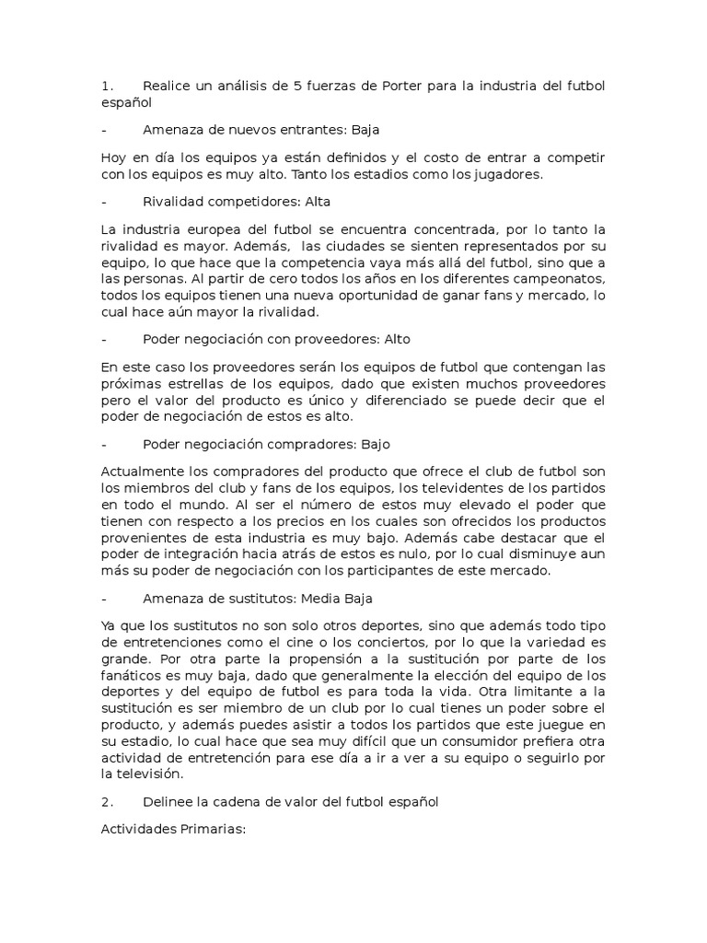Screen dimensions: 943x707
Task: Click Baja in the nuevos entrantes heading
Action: (x=365, y=130)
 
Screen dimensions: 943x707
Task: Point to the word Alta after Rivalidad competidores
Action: (x=313, y=200)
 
